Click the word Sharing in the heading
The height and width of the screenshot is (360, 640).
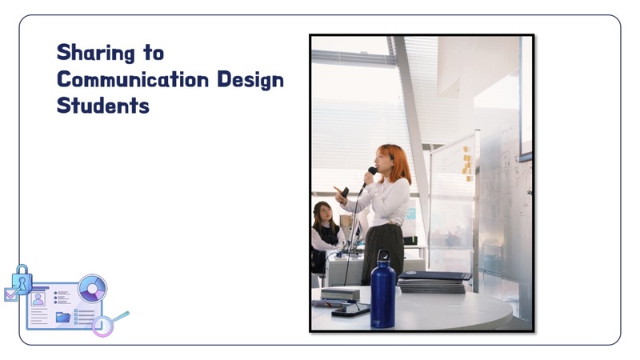pos(96,53)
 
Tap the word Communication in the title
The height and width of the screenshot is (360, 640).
pos(133,79)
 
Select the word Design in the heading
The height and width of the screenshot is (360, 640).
pos(250,80)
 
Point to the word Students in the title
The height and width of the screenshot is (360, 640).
pos(103,106)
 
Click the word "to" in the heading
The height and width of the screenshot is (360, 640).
pos(154,54)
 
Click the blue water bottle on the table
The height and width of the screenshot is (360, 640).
pos(383,290)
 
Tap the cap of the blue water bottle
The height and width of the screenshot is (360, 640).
pos(383,255)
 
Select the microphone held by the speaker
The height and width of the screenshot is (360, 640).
pos(369,178)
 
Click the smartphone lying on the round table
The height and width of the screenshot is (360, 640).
pos(350,310)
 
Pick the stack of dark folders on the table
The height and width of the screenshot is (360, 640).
pos(434,282)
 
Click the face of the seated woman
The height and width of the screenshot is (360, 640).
pos(326,213)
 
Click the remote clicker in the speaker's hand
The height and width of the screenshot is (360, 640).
pos(344,192)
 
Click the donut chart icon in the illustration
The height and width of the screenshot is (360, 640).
pos(93,289)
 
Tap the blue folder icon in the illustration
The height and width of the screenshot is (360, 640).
pos(63,317)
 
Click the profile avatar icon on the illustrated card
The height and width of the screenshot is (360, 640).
pos(38,298)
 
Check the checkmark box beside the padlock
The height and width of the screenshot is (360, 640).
pos(11,294)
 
